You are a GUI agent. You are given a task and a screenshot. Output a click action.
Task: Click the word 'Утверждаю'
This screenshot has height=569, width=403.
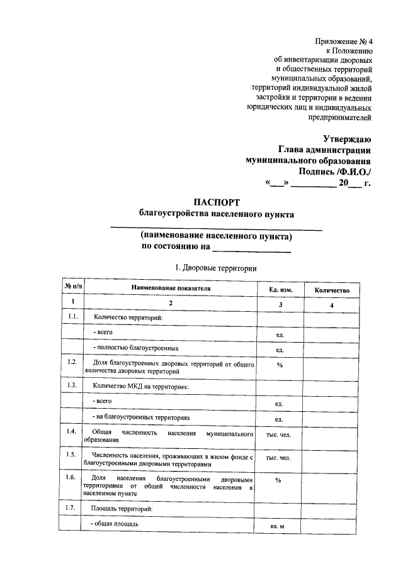pyautogui.click(x=347, y=138)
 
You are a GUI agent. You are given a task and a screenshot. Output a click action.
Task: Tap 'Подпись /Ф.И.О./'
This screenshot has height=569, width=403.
pyautogui.click(x=335, y=172)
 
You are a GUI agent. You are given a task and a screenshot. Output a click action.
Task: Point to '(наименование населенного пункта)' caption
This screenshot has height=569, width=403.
pyautogui.click(x=216, y=236)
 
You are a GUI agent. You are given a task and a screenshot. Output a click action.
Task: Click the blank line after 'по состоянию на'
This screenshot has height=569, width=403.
pyautogui.click(x=261, y=250)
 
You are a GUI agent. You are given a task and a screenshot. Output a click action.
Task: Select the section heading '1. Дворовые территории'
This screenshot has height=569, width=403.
pyautogui.click(x=216, y=268)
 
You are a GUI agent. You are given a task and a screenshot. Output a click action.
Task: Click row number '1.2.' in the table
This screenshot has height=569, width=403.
pyautogui.click(x=73, y=363)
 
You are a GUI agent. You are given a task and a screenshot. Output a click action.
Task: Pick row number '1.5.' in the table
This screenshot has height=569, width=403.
pyautogui.click(x=73, y=454)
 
